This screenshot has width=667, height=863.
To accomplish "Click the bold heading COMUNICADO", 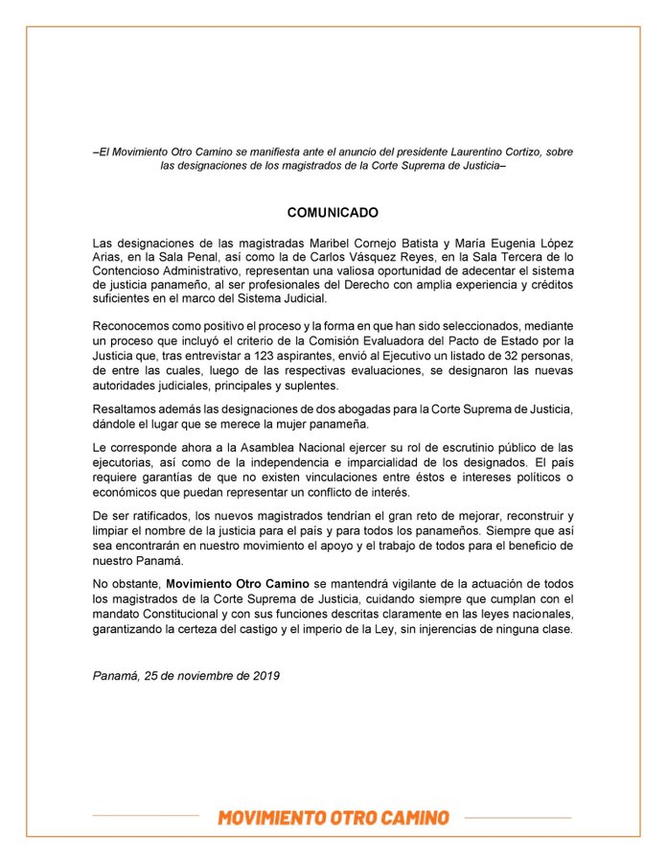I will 333,212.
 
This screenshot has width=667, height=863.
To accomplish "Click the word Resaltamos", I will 127,409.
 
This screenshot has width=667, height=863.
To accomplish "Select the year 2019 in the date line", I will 262,675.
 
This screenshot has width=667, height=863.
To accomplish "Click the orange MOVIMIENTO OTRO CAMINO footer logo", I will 333,818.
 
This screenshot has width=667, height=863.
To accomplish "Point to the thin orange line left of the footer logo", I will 146,817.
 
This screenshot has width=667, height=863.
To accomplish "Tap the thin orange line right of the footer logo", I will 517,817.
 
